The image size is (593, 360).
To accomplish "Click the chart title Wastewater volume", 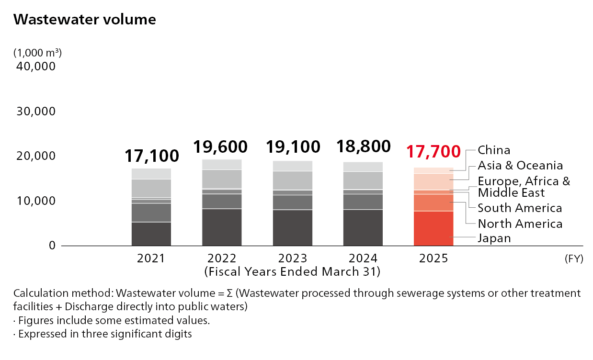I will tap(85, 20).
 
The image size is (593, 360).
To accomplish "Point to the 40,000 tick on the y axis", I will tap(36, 66).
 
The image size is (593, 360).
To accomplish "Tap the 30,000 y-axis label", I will tap(36, 112).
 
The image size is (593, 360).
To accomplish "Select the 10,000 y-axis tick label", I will tap(36, 201).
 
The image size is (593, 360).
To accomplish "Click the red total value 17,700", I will tap(433, 151).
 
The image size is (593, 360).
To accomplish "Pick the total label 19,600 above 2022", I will tap(220, 146).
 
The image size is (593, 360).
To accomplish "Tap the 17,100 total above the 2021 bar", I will tap(152, 155).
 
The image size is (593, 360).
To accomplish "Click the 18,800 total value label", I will tap(364, 146).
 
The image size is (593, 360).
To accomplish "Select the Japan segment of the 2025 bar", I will tap(433, 228).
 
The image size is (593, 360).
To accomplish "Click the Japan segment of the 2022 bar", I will tap(221, 227).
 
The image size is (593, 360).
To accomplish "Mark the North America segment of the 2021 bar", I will tap(151, 213).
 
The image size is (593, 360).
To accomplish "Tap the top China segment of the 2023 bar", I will tap(293, 166).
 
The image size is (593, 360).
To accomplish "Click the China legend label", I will tap(494, 150).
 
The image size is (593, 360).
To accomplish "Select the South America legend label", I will tap(520, 208).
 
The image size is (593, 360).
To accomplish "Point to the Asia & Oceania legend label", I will tap(520, 166).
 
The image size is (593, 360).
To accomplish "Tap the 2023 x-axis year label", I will tap(293, 259).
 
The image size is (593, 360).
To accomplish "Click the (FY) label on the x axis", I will tap(573, 259).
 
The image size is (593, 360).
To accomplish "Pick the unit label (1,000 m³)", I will tap(38, 52).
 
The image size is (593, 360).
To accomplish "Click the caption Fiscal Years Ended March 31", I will tap(293, 272).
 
